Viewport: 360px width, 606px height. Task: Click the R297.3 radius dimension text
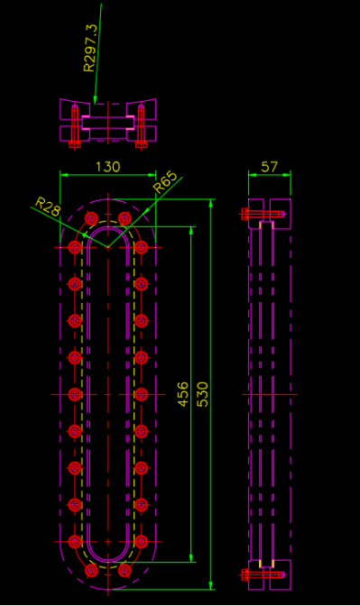pos(89,48)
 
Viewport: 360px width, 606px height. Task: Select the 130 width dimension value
pos(108,167)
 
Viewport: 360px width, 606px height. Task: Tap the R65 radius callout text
pos(165,183)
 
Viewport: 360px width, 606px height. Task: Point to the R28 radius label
pos(48,207)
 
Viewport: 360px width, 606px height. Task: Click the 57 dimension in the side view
pos(269,167)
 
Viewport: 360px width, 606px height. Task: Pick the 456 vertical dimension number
pos(183,394)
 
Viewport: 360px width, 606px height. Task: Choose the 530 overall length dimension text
pos(202,394)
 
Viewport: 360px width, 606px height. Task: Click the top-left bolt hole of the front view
pos(92,218)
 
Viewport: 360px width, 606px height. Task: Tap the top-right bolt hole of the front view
pos(125,218)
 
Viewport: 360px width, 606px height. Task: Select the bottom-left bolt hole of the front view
pos(92,570)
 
